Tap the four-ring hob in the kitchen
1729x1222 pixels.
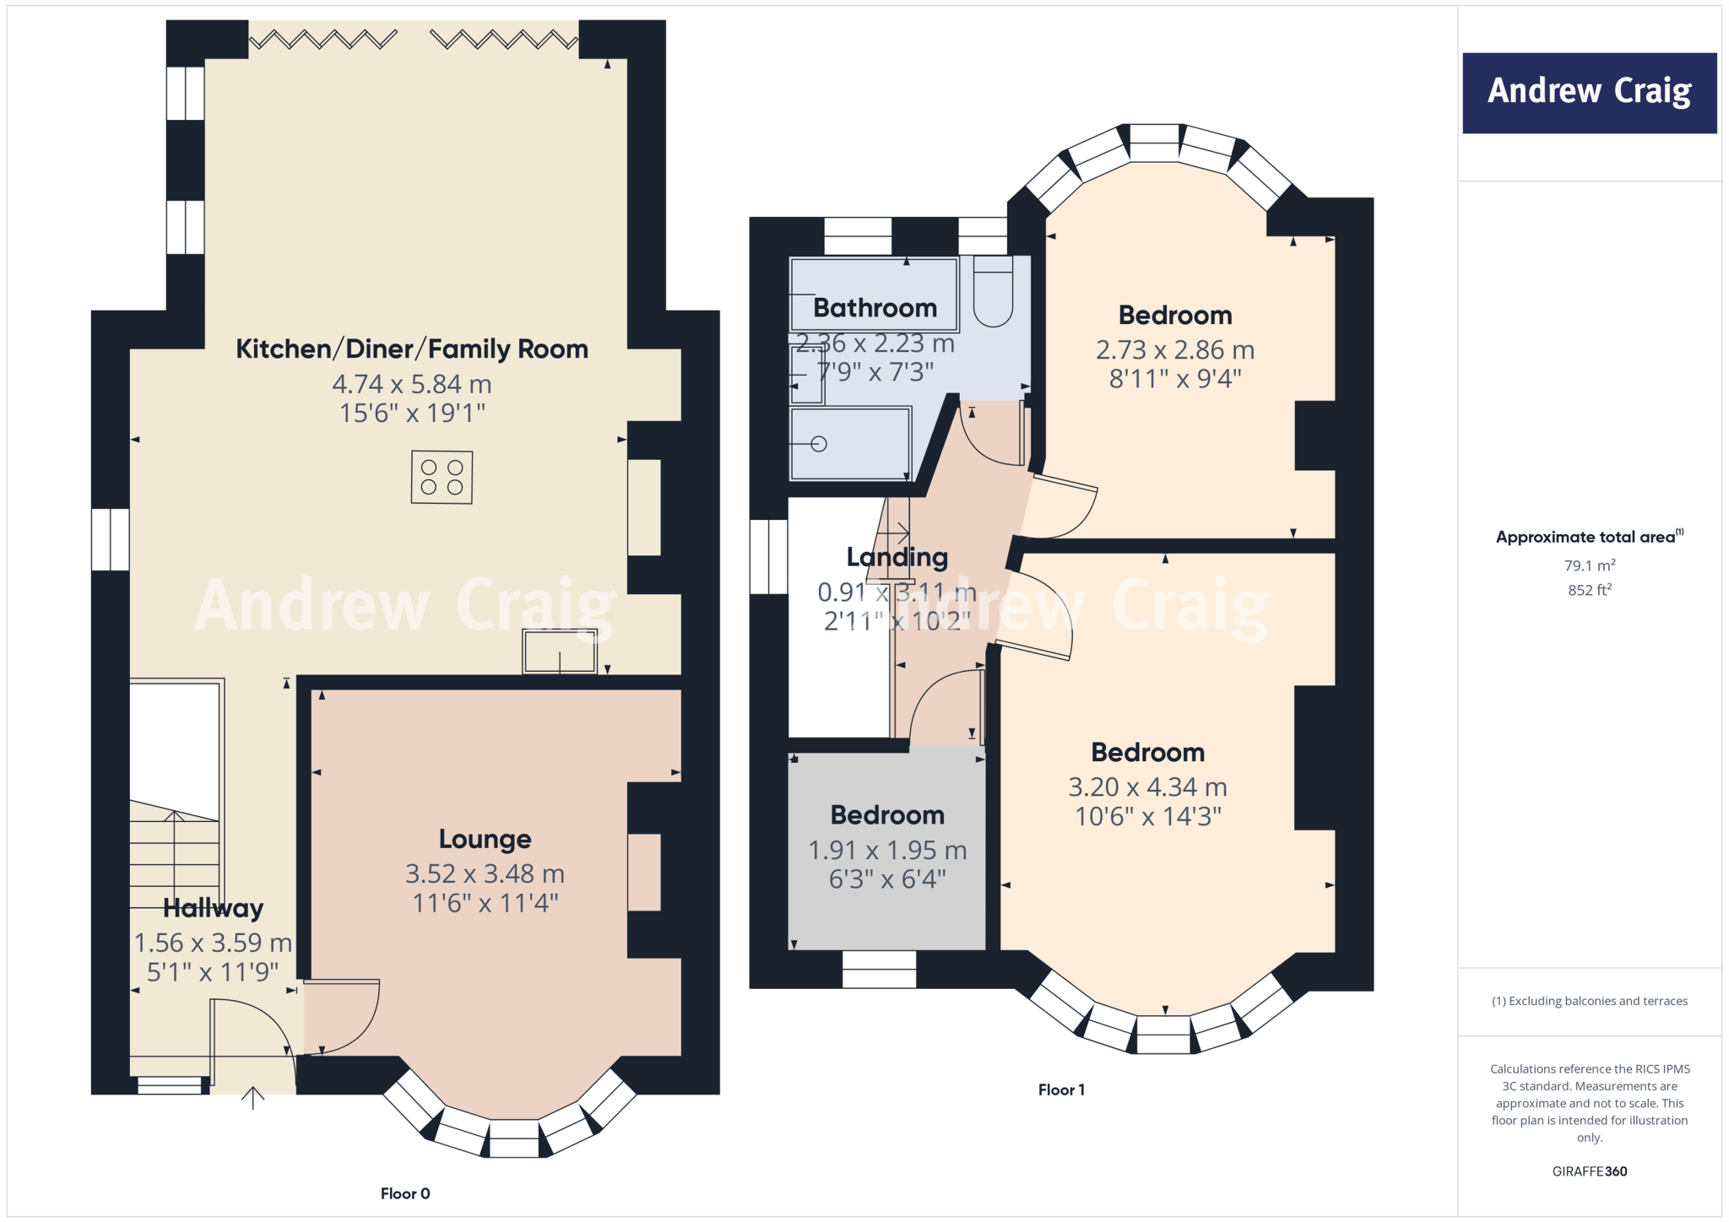click(x=442, y=478)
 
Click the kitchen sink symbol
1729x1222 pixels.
click(x=560, y=652)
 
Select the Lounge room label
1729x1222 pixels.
click(x=485, y=839)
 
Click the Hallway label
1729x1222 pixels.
click(x=213, y=908)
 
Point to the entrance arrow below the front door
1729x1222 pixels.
click(x=252, y=1097)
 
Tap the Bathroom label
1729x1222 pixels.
click(x=875, y=308)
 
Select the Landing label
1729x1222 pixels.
click(x=897, y=557)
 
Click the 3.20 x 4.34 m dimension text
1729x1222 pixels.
click(x=1147, y=787)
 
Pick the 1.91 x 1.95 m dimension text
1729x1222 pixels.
click(x=887, y=851)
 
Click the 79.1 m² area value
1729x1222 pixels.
click(x=1589, y=565)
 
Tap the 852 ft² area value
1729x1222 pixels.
click(x=1589, y=590)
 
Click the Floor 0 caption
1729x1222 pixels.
click(x=405, y=1193)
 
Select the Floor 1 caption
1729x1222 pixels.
click(x=1061, y=1090)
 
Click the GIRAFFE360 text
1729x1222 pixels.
click(x=1589, y=1171)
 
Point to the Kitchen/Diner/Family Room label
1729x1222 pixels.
click(x=411, y=349)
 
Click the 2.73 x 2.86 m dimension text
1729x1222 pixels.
click(x=1174, y=350)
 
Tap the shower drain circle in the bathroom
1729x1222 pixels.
click(x=819, y=444)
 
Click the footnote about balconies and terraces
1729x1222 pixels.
click(x=1589, y=1001)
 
